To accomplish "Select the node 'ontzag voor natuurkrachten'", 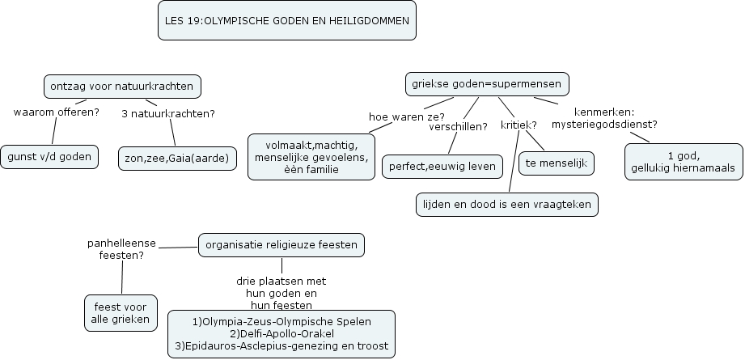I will point(121,87).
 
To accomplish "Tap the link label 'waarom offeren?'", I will point(57,112).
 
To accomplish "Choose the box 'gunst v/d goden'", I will point(49,157).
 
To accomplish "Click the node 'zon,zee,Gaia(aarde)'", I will point(177,157).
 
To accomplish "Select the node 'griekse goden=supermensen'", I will point(487,84).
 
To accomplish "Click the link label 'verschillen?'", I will point(458,125).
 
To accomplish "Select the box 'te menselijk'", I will point(556,163).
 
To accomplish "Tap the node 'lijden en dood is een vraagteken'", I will point(507,205).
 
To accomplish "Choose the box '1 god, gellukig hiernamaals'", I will point(683,161).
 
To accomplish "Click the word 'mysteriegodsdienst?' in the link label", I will point(603,125).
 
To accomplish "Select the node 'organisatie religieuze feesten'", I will point(281,244).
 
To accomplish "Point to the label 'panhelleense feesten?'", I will point(121,248).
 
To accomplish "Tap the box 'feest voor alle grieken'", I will point(121,313).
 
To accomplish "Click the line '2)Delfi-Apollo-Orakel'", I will point(281,333).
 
